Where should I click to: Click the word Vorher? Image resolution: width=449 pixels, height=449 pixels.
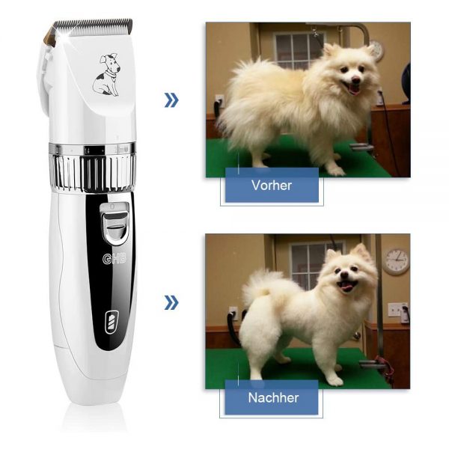click(272, 185)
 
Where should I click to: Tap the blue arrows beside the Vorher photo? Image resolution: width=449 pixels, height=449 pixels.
click(171, 100)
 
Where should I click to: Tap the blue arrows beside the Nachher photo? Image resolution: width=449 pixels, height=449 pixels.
click(171, 302)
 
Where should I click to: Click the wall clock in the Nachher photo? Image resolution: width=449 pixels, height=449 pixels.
click(397, 261)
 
